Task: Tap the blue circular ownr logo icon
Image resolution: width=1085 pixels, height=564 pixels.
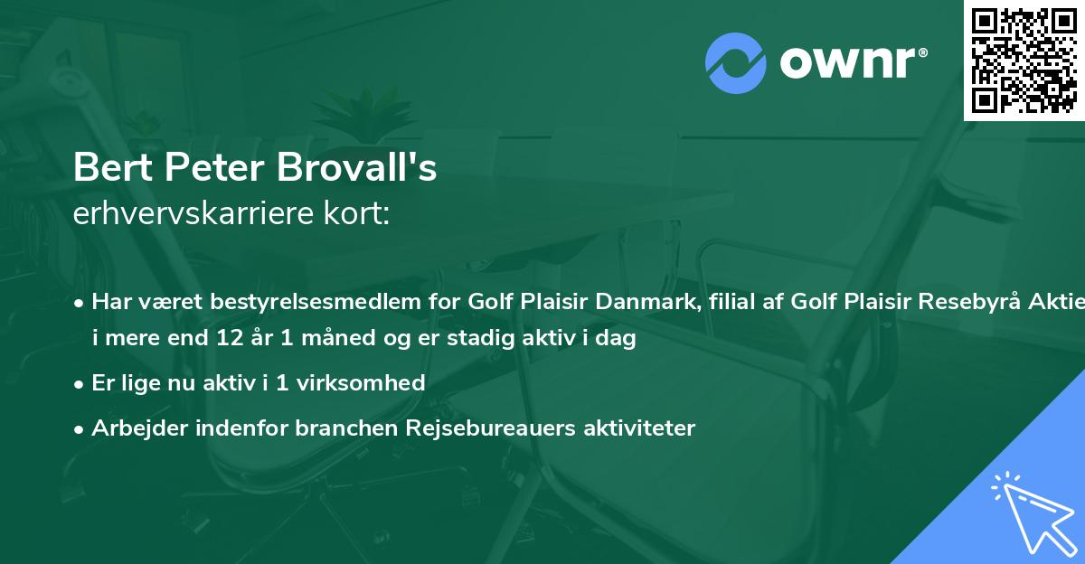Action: (x=736, y=62)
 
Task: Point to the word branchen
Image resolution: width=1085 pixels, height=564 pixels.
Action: (x=339, y=428)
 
